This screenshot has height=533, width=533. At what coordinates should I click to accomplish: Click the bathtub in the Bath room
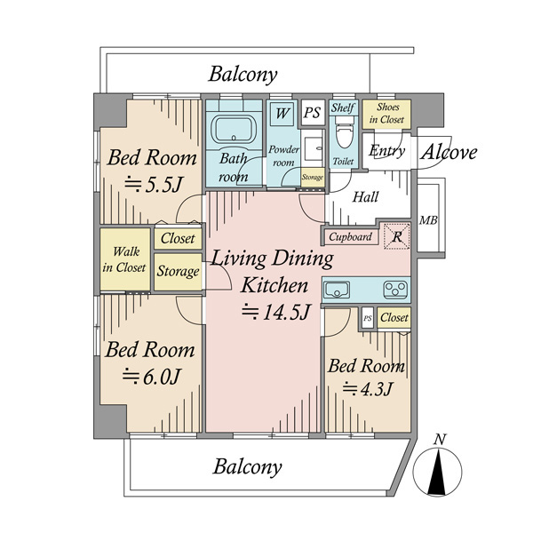pos(234,129)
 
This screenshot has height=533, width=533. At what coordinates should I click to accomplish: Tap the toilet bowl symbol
pos(344,132)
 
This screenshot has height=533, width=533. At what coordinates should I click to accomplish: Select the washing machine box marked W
pos(282,113)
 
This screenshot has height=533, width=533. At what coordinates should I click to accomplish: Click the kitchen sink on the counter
pos(337,290)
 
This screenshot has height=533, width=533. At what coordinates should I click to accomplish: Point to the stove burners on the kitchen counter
pos(395,290)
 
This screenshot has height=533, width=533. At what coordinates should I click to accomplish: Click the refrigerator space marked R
pos(397,236)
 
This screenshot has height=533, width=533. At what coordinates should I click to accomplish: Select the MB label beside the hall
pos(428,220)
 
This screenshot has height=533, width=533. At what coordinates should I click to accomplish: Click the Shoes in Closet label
pos(386,113)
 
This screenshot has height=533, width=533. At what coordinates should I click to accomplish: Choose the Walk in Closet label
pos(124,259)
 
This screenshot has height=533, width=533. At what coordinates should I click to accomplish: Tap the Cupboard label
pos(350,236)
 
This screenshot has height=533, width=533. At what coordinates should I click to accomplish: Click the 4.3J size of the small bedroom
pos(368,388)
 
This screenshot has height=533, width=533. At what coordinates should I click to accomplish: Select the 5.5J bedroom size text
pos(154,185)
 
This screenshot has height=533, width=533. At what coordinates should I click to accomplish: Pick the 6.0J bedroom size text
pos(151,376)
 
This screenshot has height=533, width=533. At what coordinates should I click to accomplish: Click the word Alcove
pos(449,152)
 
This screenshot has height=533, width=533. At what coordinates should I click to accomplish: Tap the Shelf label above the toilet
pos(343,108)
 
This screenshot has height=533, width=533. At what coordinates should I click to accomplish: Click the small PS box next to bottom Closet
pos(368,318)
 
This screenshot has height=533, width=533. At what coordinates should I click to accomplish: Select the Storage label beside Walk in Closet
pos(179,271)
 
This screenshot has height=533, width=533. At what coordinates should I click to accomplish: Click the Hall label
pos(365,197)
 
